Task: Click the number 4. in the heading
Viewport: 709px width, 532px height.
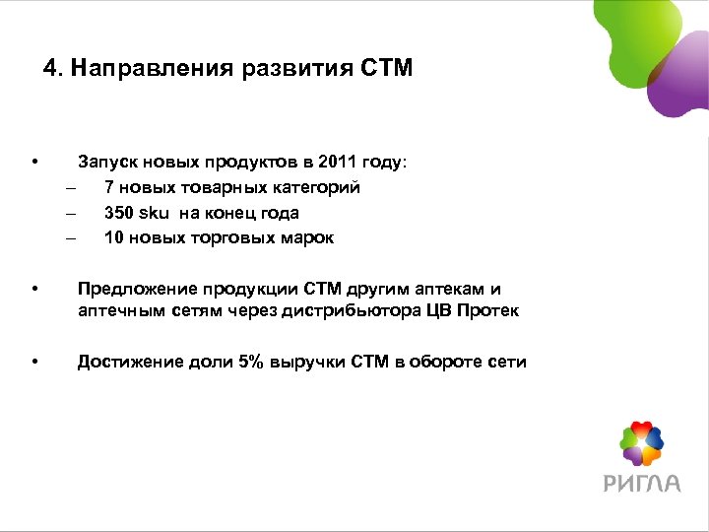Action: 53,69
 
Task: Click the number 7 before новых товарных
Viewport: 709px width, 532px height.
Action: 109,187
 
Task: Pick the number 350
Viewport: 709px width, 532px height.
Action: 119,213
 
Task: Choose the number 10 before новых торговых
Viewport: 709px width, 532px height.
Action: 114,238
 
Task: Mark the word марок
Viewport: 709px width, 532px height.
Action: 307,238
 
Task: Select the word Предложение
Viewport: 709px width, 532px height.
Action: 138,290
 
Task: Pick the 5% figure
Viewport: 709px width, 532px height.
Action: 249,363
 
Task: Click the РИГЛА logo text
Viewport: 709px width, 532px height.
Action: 641,483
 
